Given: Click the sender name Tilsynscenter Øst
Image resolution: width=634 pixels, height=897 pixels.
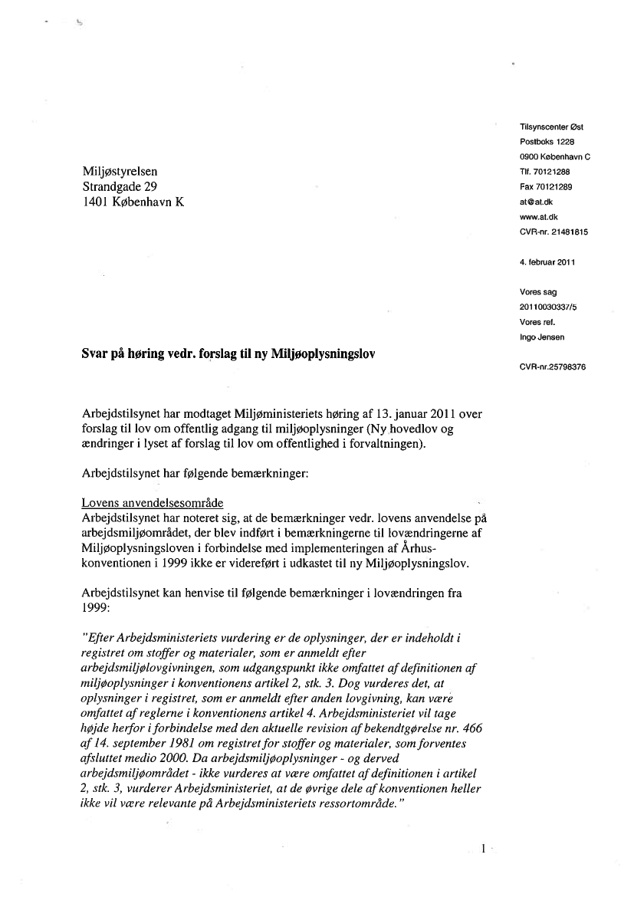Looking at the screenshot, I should [x=551, y=127].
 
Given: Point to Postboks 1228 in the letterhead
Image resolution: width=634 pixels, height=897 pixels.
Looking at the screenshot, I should [x=547, y=142].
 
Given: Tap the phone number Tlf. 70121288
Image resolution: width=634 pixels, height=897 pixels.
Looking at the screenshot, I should [x=545, y=172].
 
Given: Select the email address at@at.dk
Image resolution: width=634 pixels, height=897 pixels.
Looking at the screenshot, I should [x=535, y=202].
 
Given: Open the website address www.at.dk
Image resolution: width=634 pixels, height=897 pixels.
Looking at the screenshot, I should [x=537, y=217].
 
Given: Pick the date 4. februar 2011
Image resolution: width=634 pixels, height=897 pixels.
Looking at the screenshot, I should [x=547, y=262].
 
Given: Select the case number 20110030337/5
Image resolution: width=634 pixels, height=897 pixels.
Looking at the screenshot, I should [x=551, y=307].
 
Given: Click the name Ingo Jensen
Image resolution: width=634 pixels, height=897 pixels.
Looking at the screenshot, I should [x=544, y=337].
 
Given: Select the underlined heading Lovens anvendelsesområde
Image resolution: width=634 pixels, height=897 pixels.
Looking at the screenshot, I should [x=153, y=503].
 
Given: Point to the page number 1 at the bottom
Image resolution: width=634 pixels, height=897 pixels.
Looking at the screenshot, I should [x=483, y=849].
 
